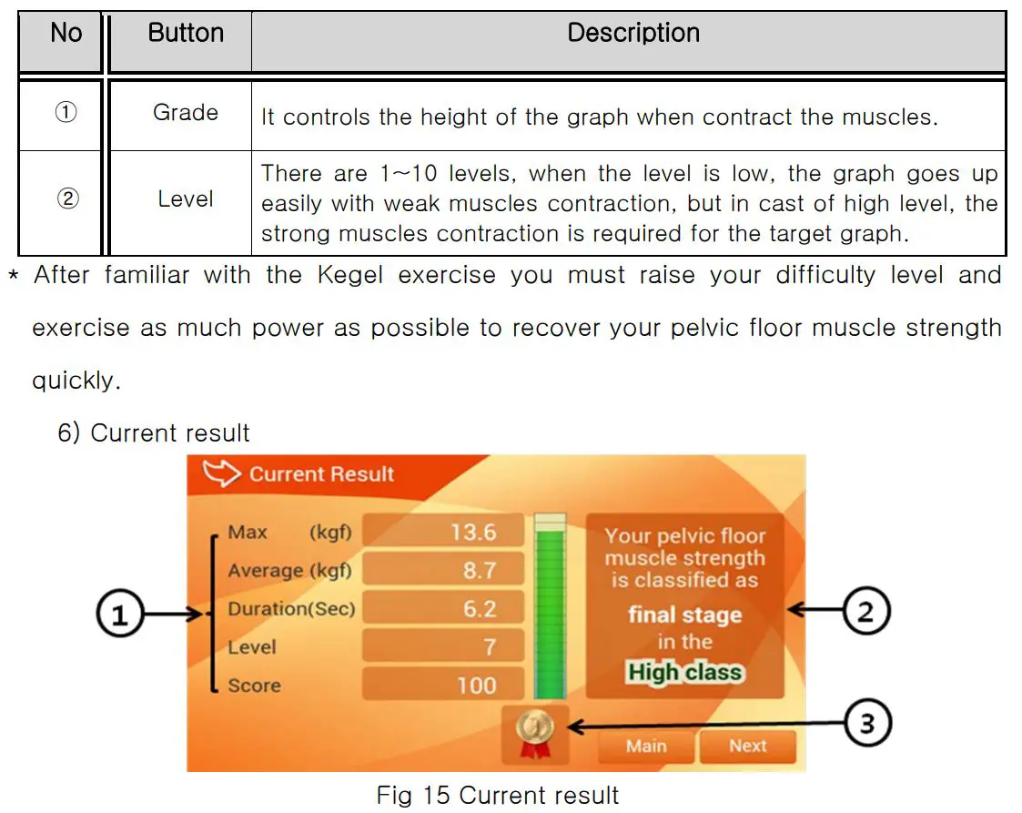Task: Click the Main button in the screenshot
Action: pos(646,747)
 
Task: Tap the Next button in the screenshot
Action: pos(747,747)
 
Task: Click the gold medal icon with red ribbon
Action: pos(534,733)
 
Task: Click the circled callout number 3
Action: pos(866,725)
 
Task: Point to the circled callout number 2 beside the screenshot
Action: pos(865,610)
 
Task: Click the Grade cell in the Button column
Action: pos(186,113)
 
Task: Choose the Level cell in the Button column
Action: pos(186,199)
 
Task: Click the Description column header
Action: pos(633,34)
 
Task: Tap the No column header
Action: pos(66,34)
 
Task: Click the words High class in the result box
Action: pos(684,673)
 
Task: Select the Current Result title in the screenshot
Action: pos(321,474)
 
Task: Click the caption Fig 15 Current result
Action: pos(497,795)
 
